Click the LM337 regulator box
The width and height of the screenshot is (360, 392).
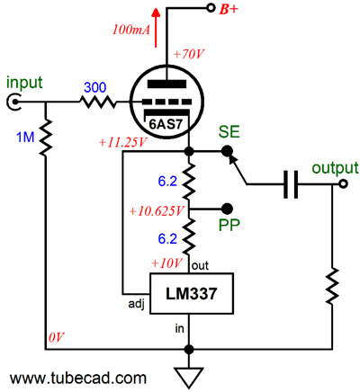(x=192, y=293)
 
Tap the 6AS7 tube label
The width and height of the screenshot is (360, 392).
(x=166, y=124)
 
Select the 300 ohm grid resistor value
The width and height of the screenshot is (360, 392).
(x=94, y=87)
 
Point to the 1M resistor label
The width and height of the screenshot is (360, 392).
(x=25, y=138)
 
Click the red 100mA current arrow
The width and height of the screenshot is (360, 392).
(x=156, y=28)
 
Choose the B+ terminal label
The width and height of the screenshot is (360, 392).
(x=229, y=10)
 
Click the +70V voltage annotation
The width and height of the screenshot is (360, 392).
(x=189, y=55)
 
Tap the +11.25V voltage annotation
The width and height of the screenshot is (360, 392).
(x=122, y=142)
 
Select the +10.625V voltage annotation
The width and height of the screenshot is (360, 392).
(x=156, y=211)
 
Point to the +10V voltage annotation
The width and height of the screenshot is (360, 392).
(x=166, y=263)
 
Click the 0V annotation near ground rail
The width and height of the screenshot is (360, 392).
(x=56, y=337)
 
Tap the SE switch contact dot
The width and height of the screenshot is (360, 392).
(x=227, y=152)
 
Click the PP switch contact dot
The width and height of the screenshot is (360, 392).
(x=227, y=209)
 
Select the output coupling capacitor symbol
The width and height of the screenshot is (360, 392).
(x=291, y=184)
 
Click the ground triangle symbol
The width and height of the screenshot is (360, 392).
(x=189, y=378)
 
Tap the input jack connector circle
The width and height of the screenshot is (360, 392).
(x=13, y=102)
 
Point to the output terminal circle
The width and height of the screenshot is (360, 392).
(x=343, y=183)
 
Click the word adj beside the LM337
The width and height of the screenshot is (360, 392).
(x=136, y=304)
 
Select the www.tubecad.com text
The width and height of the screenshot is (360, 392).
(x=78, y=378)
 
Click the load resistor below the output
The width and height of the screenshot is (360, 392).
(x=332, y=287)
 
